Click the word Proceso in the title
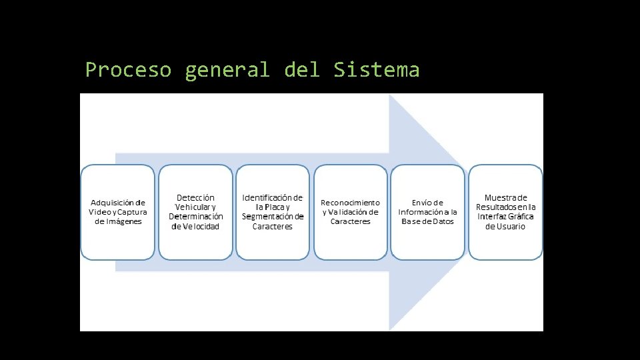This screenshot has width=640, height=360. (x=128, y=70)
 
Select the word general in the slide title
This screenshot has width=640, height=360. (x=227, y=70)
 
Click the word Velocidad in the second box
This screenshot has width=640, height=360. (x=199, y=227)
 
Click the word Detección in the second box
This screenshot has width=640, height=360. (x=195, y=198)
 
